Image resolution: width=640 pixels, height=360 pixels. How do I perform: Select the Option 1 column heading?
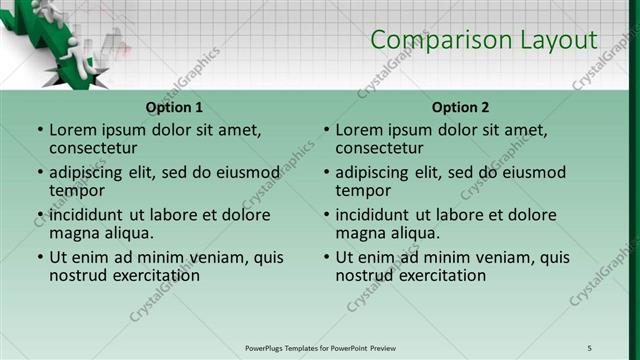coord(174,107)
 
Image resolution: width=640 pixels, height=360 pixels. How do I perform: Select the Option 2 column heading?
coord(461,107)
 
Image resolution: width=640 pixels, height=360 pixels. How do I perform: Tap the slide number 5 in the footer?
coord(589,348)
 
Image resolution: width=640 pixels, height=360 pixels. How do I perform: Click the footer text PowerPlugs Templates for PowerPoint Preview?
coord(321,348)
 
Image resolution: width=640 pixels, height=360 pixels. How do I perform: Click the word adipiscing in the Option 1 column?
coord(90,172)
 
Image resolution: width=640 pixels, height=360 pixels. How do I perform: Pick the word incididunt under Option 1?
coord(89,215)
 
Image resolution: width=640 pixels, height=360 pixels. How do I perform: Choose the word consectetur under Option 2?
coord(382,147)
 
